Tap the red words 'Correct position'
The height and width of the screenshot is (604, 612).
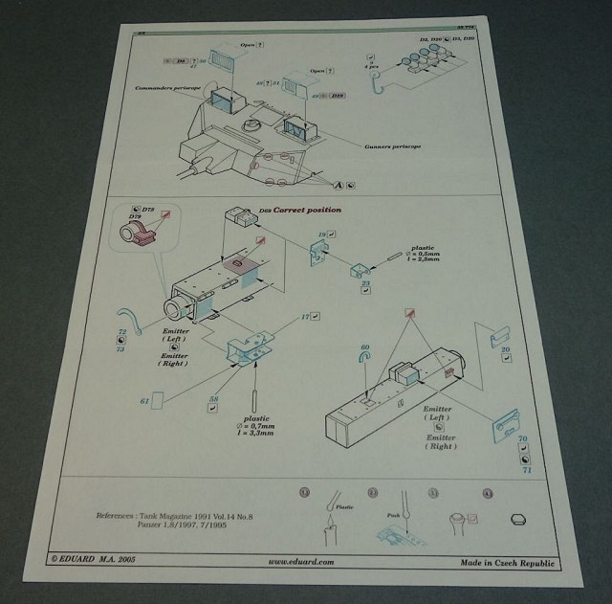[x=309, y=208]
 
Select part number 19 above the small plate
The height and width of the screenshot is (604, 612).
[x=322, y=234]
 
